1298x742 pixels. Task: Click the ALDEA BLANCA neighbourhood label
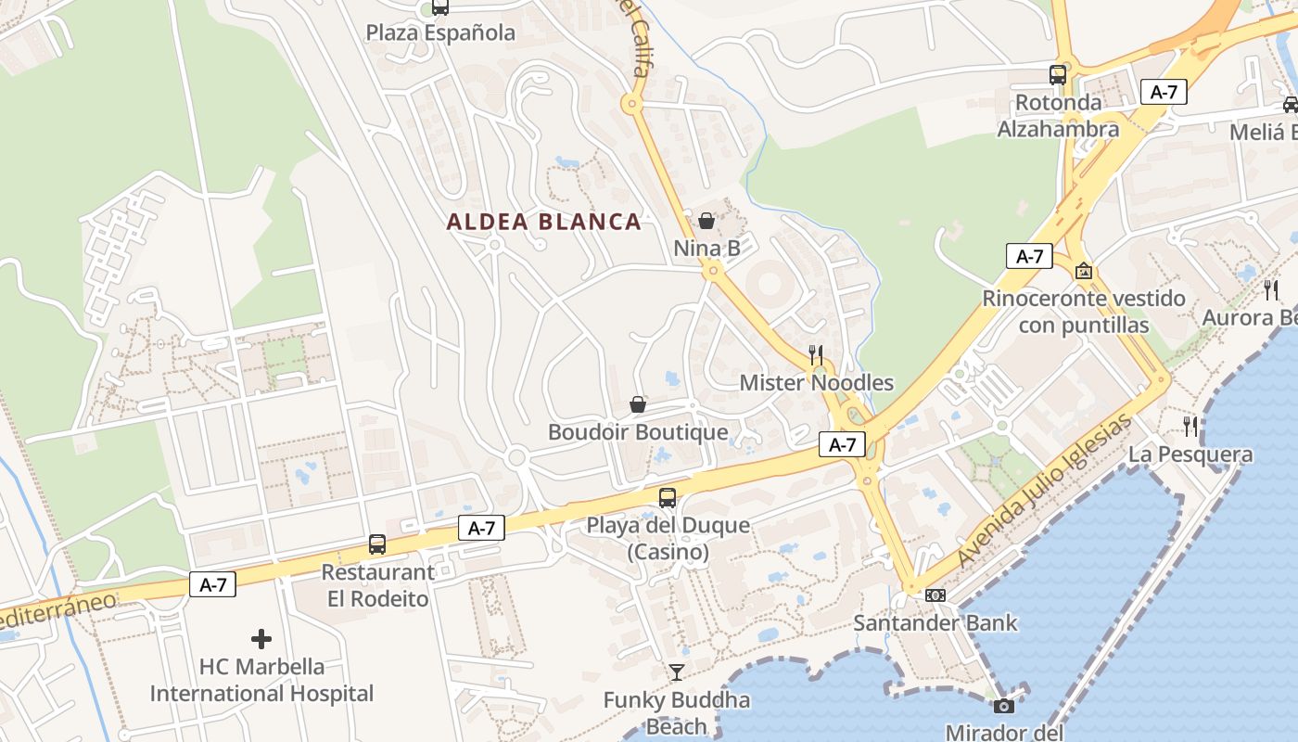click(x=543, y=222)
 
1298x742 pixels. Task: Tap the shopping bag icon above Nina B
click(x=706, y=221)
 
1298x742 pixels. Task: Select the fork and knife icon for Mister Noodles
click(x=816, y=354)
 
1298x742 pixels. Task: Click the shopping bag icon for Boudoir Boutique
click(x=638, y=404)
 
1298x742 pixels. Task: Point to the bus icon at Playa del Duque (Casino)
click(x=667, y=497)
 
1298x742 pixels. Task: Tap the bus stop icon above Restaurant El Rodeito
click(x=376, y=544)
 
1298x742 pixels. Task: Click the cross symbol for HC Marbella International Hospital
click(x=261, y=639)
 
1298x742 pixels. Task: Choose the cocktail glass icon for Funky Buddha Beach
click(x=676, y=672)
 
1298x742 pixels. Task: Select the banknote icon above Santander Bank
click(x=935, y=595)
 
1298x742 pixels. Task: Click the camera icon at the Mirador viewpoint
click(x=1003, y=706)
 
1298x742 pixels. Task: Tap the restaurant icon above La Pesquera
click(x=1190, y=427)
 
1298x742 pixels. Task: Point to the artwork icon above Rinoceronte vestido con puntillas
click(x=1083, y=271)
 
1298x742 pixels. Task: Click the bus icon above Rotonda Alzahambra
click(x=1058, y=75)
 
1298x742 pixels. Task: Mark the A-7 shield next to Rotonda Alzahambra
click(x=1164, y=92)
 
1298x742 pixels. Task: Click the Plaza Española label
click(x=440, y=33)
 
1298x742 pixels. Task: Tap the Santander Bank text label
click(x=935, y=623)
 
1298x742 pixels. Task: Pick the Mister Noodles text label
click(x=816, y=383)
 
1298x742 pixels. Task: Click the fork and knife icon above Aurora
click(x=1270, y=289)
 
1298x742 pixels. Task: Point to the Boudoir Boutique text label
click(x=638, y=432)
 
